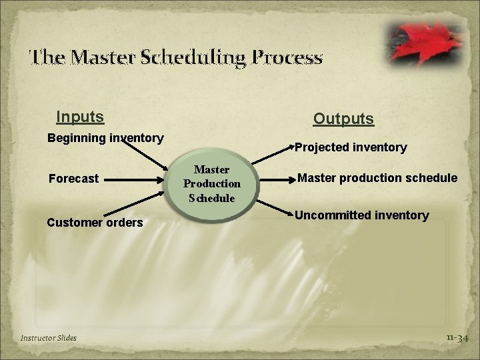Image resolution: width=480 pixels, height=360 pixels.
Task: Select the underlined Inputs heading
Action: point(80,117)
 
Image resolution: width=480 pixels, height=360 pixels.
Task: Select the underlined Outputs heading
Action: point(343,119)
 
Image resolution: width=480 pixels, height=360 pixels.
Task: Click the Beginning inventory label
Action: point(105,138)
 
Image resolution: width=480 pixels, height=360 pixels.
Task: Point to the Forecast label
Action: point(73,179)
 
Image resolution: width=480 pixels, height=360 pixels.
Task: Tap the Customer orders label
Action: point(95,223)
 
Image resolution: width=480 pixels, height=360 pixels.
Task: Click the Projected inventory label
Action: point(351,147)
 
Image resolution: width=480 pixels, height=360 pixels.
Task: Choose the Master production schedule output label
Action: point(377,178)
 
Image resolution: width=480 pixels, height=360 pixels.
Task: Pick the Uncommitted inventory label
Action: point(361,215)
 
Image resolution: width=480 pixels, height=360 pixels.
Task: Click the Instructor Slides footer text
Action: point(49,338)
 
